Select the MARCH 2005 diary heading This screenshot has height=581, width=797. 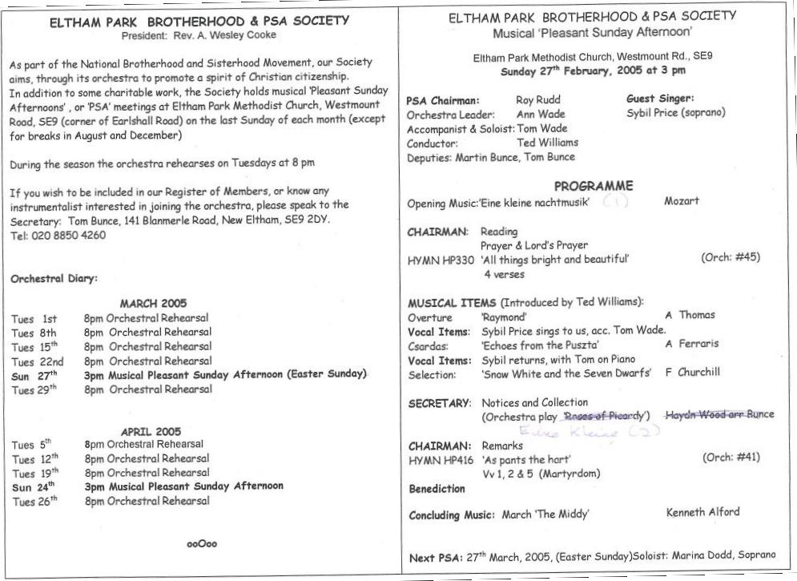pos(153,303)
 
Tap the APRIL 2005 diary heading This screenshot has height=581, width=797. pos(151,431)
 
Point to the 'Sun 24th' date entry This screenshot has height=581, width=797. pos(34,486)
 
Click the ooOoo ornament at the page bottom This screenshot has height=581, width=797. pos(202,543)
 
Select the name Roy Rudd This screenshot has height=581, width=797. pos(538,100)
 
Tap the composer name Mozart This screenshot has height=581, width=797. pos(682,201)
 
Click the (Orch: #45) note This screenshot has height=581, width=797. pos(730,257)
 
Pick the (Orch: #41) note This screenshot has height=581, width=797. pos(731,458)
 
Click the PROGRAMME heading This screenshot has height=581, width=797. pos(604,186)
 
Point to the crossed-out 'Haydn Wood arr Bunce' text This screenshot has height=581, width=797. pos(719,414)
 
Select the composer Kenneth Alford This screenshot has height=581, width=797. pos(702,512)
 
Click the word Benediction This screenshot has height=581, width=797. pos(437,488)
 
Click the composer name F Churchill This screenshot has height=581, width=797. pos(693,372)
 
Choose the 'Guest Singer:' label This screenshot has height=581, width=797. pos(660,99)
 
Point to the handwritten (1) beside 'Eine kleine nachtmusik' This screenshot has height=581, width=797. pos(615,202)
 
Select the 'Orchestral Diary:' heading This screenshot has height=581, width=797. pos(54,279)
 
